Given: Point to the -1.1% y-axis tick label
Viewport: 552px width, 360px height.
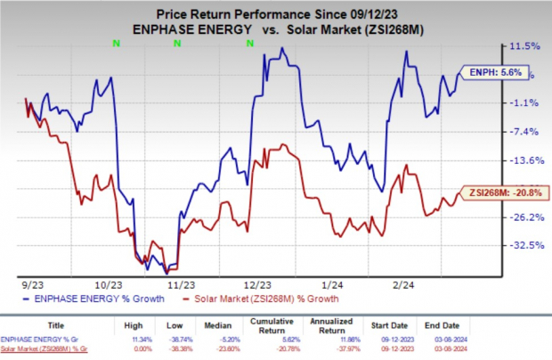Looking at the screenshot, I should click(506, 102).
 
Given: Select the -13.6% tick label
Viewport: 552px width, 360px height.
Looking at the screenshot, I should click(507, 160).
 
